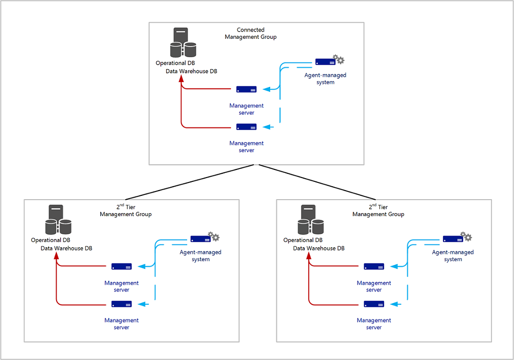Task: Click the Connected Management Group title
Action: coord(251,33)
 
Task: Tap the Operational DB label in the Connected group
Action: coord(175,63)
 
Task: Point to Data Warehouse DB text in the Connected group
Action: coord(191,71)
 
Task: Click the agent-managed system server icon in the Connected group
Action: coord(325,62)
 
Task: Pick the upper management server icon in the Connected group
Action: coord(246,89)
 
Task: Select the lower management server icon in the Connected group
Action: coord(246,127)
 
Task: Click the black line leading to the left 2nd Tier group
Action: coord(192,181)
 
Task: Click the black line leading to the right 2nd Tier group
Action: coord(317,181)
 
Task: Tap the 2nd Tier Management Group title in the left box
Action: coord(126,211)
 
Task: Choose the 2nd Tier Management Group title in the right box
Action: coord(378,211)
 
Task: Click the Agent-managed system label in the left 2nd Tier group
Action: coord(201,255)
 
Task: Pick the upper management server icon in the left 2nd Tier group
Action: coord(121,266)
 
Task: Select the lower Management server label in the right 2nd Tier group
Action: coord(374,324)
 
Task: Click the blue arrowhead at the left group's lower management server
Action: coord(140,304)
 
